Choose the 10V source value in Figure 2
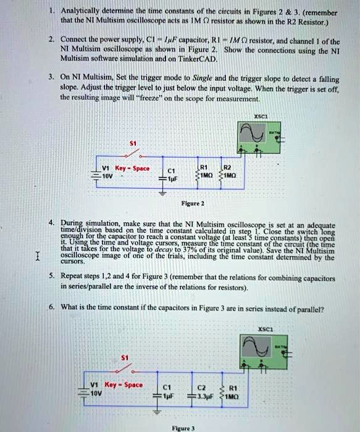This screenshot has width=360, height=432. coord(90,174)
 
